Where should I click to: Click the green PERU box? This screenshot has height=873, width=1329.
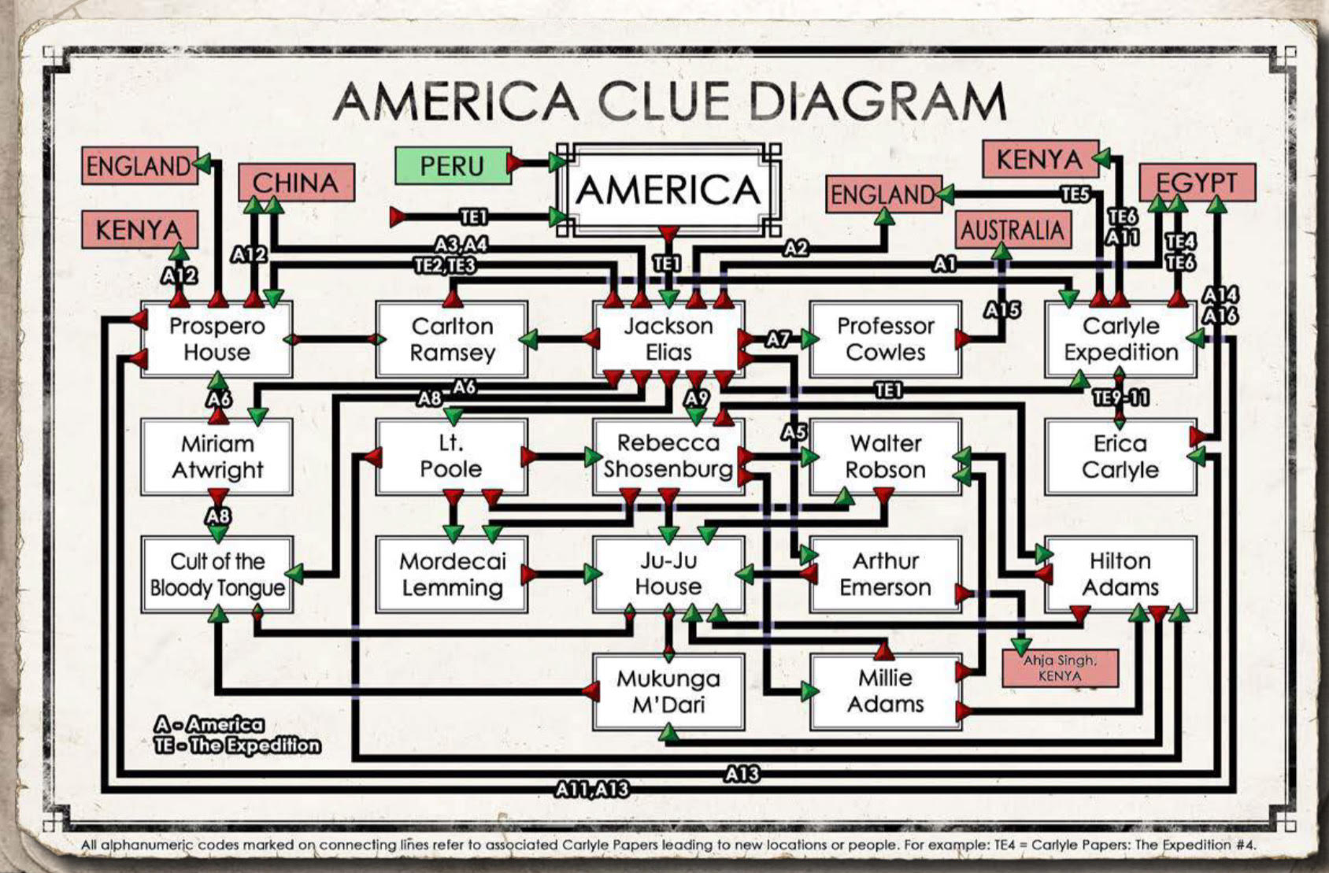(452, 166)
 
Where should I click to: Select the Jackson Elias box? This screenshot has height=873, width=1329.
(668, 339)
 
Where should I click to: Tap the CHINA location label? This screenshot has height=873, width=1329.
(295, 183)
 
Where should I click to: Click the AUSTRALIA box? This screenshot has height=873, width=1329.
(1012, 231)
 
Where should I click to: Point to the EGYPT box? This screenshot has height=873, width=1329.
(1196, 183)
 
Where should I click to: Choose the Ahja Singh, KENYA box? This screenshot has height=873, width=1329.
(1059, 668)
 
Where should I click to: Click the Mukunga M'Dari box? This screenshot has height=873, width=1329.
(668, 691)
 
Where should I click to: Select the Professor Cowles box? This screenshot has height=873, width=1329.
(885, 339)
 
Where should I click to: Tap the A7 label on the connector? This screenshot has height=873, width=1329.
(778, 339)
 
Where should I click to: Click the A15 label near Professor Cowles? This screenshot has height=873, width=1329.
(1001, 309)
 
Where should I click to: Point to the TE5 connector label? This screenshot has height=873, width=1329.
(1075, 194)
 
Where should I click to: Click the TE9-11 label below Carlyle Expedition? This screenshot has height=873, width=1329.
(1120, 398)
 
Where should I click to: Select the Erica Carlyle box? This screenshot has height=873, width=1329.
(1120, 457)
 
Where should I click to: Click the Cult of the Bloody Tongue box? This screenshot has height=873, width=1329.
(217, 575)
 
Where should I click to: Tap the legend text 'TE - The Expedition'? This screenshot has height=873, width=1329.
(238, 745)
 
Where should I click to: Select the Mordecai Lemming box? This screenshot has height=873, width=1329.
(452, 575)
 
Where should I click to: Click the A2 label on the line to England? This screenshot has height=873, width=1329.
(796, 249)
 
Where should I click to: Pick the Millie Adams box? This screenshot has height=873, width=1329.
(885, 691)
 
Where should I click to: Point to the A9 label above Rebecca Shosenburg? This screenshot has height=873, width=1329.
(696, 398)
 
